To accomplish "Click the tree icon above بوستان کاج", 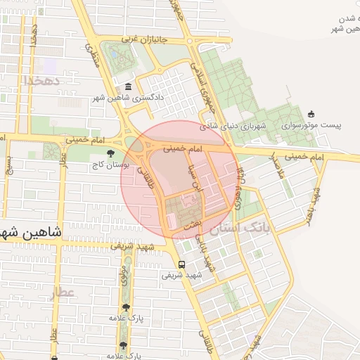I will [109, 153].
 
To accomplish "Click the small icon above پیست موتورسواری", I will [311, 114].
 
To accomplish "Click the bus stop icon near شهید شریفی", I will [182, 264].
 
